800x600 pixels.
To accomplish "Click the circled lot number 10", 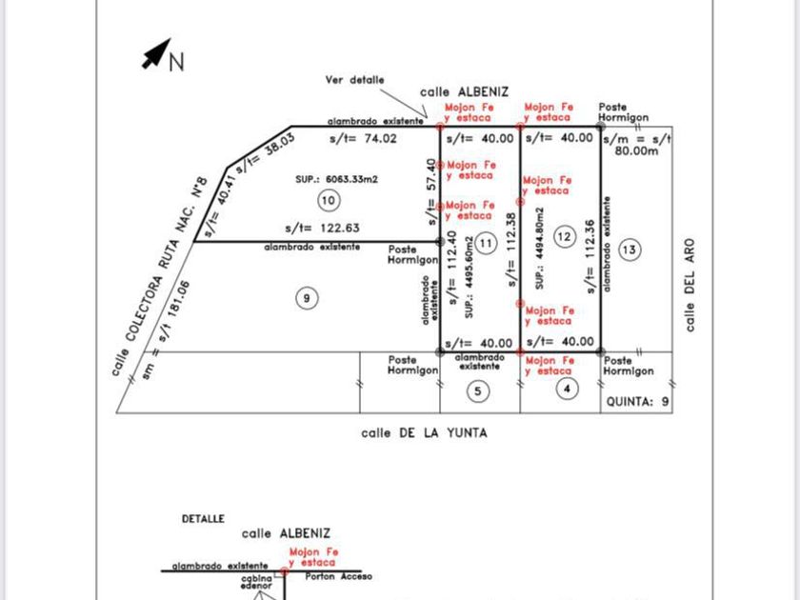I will pos(329,200).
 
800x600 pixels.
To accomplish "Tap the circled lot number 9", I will pos(306,299).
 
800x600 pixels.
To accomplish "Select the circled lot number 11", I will pos(487,242).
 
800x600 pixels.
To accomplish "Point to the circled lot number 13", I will pos(630,250).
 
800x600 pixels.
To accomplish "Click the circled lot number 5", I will pos(480,390).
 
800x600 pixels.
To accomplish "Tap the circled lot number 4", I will pos(567,388).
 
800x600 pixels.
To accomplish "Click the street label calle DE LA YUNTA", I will pos(424,432).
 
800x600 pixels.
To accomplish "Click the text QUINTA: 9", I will pos(639,403).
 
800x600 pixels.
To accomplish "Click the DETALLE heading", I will pos(203,519).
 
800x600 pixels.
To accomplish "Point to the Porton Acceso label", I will pos(339,576).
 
